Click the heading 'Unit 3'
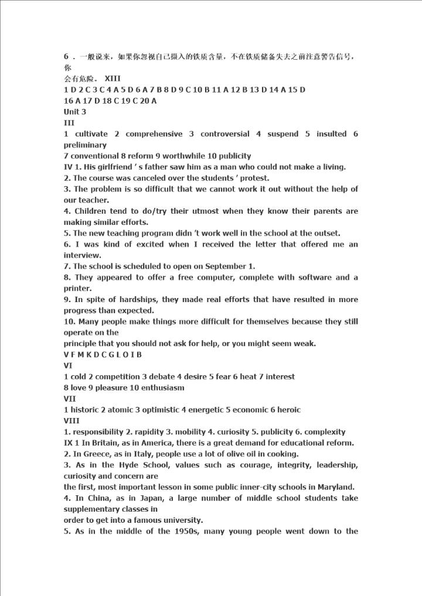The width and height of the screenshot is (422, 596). pyautogui.click(x=75, y=112)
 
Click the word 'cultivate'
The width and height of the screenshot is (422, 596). pyautogui.click(x=91, y=134)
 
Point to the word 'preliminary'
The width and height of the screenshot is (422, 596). pyautogui.click(x=85, y=145)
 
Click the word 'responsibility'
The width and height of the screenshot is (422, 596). pyautogui.click(x=98, y=432)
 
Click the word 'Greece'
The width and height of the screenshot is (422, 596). pyautogui.click(x=87, y=454)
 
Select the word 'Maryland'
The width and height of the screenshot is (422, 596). pyautogui.click(x=339, y=487)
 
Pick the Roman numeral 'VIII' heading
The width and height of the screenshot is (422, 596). pyautogui.click(x=72, y=421)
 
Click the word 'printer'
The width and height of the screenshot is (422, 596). pyautogui.click(x=77, y=289)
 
